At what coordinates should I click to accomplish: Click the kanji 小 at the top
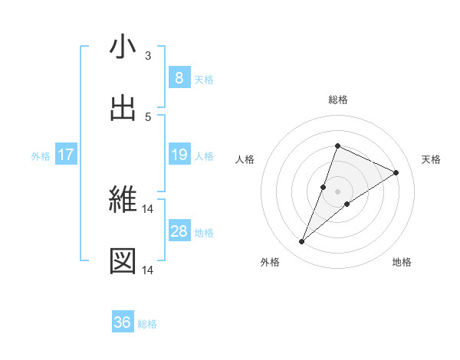tap(123, 47)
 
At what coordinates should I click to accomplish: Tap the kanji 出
tap(123, 108)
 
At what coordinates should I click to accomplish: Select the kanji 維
tap(123, 201)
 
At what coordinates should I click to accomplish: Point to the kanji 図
tap(123, 261)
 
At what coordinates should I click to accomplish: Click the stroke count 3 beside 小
tap(148, 56)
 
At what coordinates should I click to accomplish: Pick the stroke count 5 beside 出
tap(148, 116)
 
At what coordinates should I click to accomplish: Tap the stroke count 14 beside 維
tap(149, 209)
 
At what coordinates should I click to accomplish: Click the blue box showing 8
tap(179, 78)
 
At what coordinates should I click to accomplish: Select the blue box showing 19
tap(179, 155)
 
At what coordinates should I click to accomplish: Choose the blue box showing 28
tap(179, 231)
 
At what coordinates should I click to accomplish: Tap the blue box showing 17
tap(66, 155)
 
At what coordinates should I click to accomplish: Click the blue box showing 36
tap(123, 323)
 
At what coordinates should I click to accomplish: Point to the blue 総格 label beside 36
tap(147, 324)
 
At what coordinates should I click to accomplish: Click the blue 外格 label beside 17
tap(41, 156)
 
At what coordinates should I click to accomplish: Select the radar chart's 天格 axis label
tap(431, 159)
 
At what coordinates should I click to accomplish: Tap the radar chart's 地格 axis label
tap(402, 262)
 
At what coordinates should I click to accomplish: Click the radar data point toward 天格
tap(396, 172)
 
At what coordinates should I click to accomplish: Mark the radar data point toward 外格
tap(302, 242)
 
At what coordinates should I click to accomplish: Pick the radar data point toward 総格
tap(337, 146)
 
